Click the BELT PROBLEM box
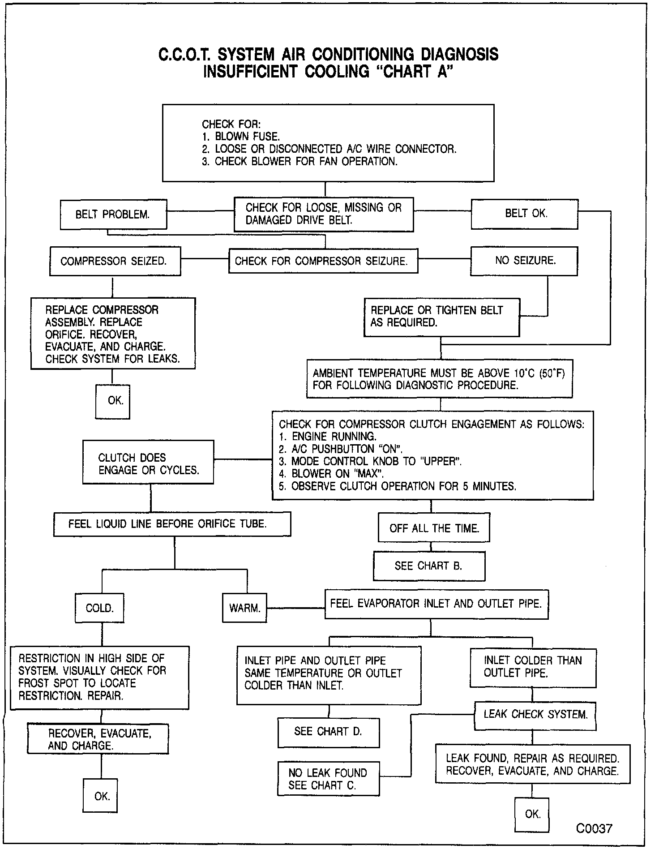(113, 214)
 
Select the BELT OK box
(524, 214)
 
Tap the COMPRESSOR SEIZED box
(115, 261)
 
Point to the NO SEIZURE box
(524, 261)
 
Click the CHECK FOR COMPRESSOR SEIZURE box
(323, 261)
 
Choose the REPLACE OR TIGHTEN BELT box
(441, 317)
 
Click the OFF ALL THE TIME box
(434, 528)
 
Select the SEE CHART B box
(429, 566)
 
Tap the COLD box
(99, 608)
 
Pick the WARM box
(244, 608)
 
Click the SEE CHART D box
(328, 732)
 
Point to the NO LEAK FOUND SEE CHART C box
(328, 779)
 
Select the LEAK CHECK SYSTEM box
(535, 714)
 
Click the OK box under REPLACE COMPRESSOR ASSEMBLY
(113, 401)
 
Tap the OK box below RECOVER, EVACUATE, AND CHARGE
(100, 796)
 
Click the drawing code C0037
(594, 828)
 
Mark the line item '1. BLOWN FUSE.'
(241, 137)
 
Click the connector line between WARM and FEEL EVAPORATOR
(295, 608)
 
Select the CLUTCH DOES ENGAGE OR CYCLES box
(148, 464)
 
